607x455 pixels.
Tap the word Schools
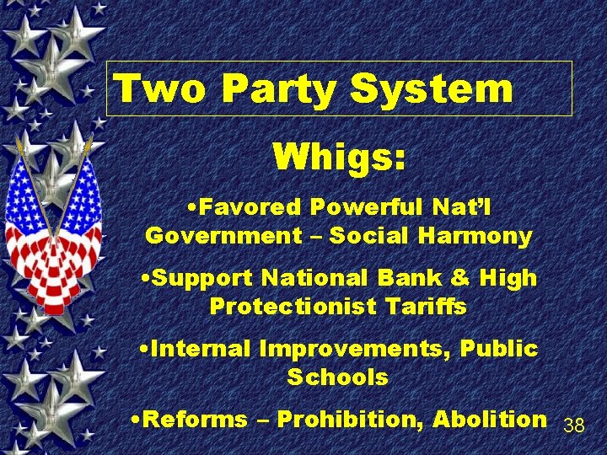click(337, 377)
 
